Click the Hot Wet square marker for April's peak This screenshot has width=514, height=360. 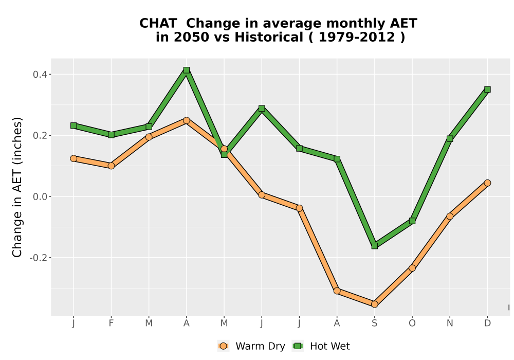pos(187,70)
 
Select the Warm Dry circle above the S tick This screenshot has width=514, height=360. pos(375,304)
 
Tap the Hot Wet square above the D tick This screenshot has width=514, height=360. pos(487,89)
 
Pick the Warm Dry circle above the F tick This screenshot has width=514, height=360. pos(111,166)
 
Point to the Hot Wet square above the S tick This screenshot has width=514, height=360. pos(375,246)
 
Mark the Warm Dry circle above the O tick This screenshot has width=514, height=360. pos(412,268)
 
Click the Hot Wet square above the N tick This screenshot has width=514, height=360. pos(450,139)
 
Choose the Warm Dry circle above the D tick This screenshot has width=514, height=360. pos(487,183)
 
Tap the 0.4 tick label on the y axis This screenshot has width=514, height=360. pos(40,75)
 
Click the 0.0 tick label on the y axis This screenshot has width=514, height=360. pos(40,197)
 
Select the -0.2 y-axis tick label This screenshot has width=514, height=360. pos(38,258)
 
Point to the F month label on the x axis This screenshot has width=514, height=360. pos(111,323)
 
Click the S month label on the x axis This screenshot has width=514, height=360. pos(375,323)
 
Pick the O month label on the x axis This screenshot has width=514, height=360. pos(412,323)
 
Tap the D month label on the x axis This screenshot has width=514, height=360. pos(487,323)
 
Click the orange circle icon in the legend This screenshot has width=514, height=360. pos(224,346)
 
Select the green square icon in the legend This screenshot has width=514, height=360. pos(298,346)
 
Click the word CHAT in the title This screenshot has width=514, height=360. pos(158,24)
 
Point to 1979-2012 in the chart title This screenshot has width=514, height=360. pos(357,38)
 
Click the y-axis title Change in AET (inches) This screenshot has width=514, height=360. pos(17,187)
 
